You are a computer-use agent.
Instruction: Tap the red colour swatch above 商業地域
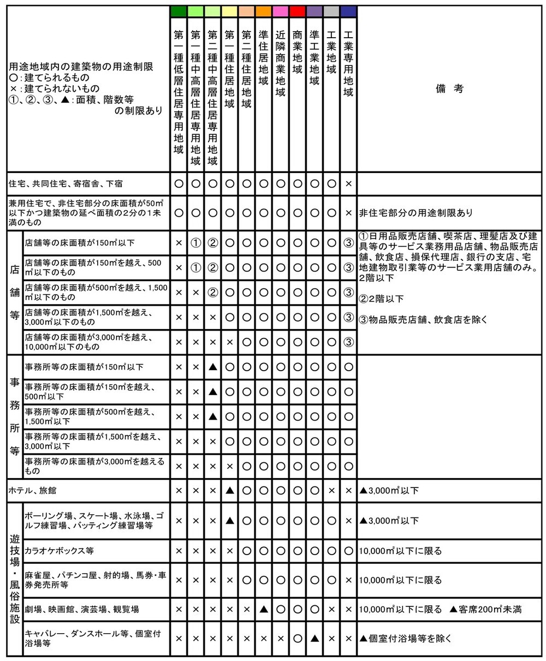(298, 11)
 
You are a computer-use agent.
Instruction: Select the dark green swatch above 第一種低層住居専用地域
(179, 11)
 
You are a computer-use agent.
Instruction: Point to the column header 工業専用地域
(348, 63)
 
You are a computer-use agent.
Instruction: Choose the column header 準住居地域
(264, 57)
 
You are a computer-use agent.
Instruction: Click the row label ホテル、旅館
(33, 491)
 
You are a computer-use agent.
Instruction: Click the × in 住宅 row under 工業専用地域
(348, 183)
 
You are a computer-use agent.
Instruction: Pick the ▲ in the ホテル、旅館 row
(230, 491)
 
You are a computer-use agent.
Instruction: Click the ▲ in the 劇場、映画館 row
(264, 609)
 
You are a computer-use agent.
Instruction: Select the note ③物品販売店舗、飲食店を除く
(422, 319)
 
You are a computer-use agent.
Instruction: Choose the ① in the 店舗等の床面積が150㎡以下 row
(195, 242)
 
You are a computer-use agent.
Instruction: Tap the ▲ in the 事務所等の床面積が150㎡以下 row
(213, 367)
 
